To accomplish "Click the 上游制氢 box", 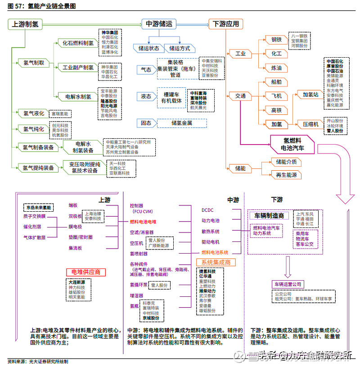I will coord(25,24).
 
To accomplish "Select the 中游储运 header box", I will coord(162,24).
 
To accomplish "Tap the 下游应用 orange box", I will coord(226,24).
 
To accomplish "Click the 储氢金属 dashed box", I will coord(182,123).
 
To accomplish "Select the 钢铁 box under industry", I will coord(276,40).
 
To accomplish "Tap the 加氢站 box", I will coord(310,95).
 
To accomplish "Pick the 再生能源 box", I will coord(284,175).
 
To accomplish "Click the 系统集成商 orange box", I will coord(216,262).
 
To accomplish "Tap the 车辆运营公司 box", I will coord(288,284).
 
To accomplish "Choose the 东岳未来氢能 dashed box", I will coord(38,208).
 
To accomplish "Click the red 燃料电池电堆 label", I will coord(143,222).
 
